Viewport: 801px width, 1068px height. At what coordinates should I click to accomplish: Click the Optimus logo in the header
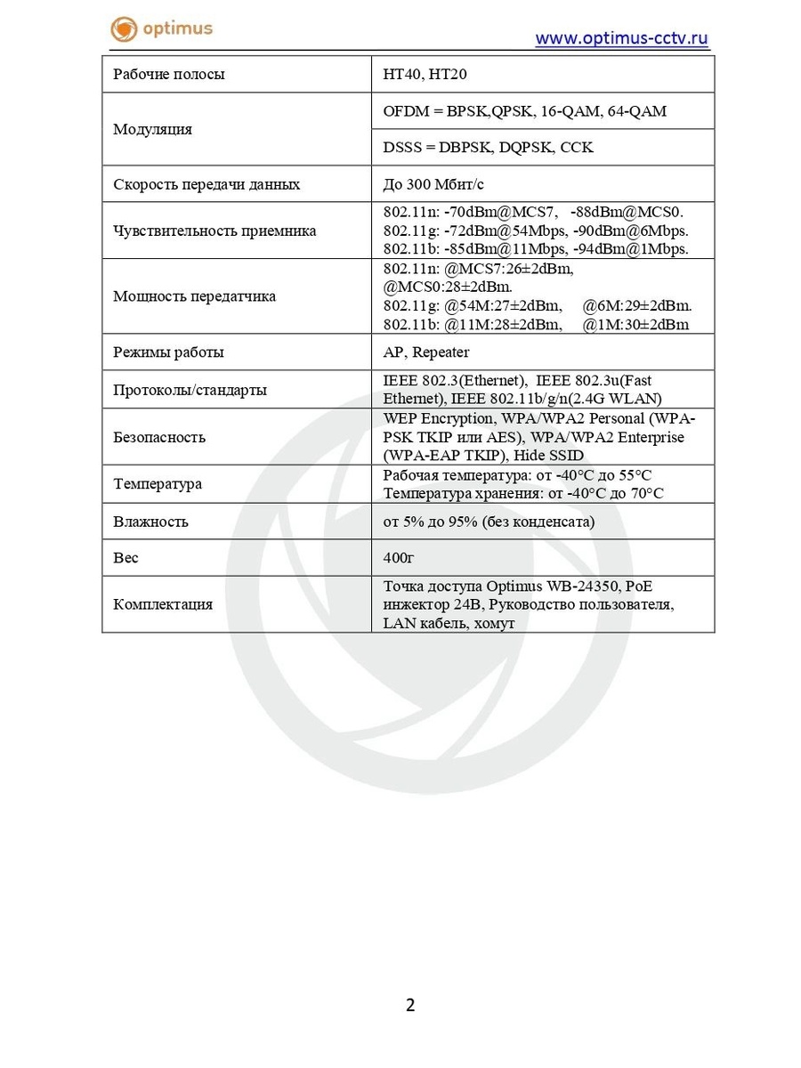161,28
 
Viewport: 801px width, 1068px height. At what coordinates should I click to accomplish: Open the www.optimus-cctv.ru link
621,37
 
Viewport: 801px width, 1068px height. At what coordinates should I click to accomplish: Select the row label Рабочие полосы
169,74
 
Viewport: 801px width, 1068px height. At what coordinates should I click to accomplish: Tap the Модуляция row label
152,129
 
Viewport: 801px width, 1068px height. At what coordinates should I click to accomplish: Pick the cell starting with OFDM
524,111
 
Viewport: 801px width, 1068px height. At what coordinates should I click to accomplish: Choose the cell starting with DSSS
488,147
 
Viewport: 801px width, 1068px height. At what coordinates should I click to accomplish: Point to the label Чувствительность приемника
214,231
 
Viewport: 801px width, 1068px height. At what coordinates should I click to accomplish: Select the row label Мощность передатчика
194,296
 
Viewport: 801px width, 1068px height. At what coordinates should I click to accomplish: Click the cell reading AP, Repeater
426,352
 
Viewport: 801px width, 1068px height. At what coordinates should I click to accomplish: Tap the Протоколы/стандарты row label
190,390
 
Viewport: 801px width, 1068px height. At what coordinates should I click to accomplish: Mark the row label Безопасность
159,437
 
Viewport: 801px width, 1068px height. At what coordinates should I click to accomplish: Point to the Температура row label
158,484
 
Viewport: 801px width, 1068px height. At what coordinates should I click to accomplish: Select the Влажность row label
150,522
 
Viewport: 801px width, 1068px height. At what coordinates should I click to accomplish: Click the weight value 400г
399,558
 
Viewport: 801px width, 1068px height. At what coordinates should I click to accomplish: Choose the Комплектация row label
163,604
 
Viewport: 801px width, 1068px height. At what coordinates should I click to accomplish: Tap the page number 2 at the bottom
410,1005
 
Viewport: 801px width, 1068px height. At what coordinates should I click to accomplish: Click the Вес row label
126,558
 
